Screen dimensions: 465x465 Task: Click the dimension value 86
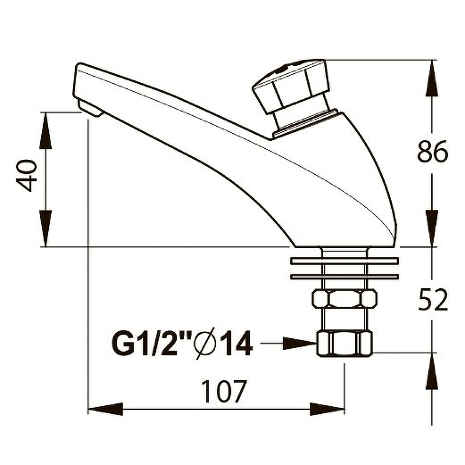[432, 152]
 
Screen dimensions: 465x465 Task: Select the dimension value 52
[432, 299]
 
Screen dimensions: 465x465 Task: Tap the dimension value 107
[224, 391]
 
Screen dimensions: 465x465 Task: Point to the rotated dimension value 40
[27, 176]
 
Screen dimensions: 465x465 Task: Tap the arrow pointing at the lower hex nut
[288, 344]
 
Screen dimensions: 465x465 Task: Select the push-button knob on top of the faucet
[291, 86]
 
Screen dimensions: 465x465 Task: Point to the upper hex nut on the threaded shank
[345, 299]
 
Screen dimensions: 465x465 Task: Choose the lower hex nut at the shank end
[345, 344]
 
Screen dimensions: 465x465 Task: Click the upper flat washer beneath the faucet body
[345, 260]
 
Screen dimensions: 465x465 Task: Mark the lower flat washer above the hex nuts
[345, 277]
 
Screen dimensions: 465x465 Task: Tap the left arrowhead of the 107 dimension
[106, 409]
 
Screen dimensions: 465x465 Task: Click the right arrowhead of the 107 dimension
[327, 409]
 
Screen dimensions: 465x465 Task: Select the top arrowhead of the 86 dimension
[432, 78]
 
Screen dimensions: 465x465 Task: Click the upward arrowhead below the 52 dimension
[432, 371]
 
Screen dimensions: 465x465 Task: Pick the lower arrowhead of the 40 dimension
[45, 228]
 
